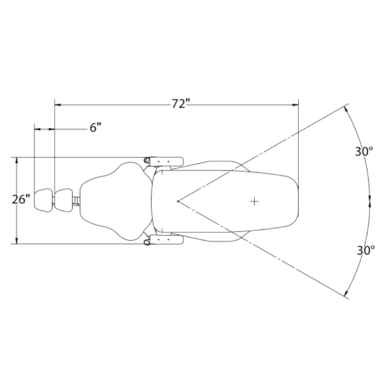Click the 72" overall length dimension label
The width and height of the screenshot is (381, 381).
click(x=180, y=104)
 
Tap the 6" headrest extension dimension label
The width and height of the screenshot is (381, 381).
click(x=95, y=128)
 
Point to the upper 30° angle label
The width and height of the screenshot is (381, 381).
click(x=364, y=151)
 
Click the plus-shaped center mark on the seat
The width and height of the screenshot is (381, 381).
click(x=254, y=201)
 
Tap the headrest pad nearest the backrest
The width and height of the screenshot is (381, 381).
click(x=63, y=199)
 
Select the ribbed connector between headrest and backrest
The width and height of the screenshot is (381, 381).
click(x=77, y=201)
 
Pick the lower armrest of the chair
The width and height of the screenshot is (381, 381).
click(x=167, y=240)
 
